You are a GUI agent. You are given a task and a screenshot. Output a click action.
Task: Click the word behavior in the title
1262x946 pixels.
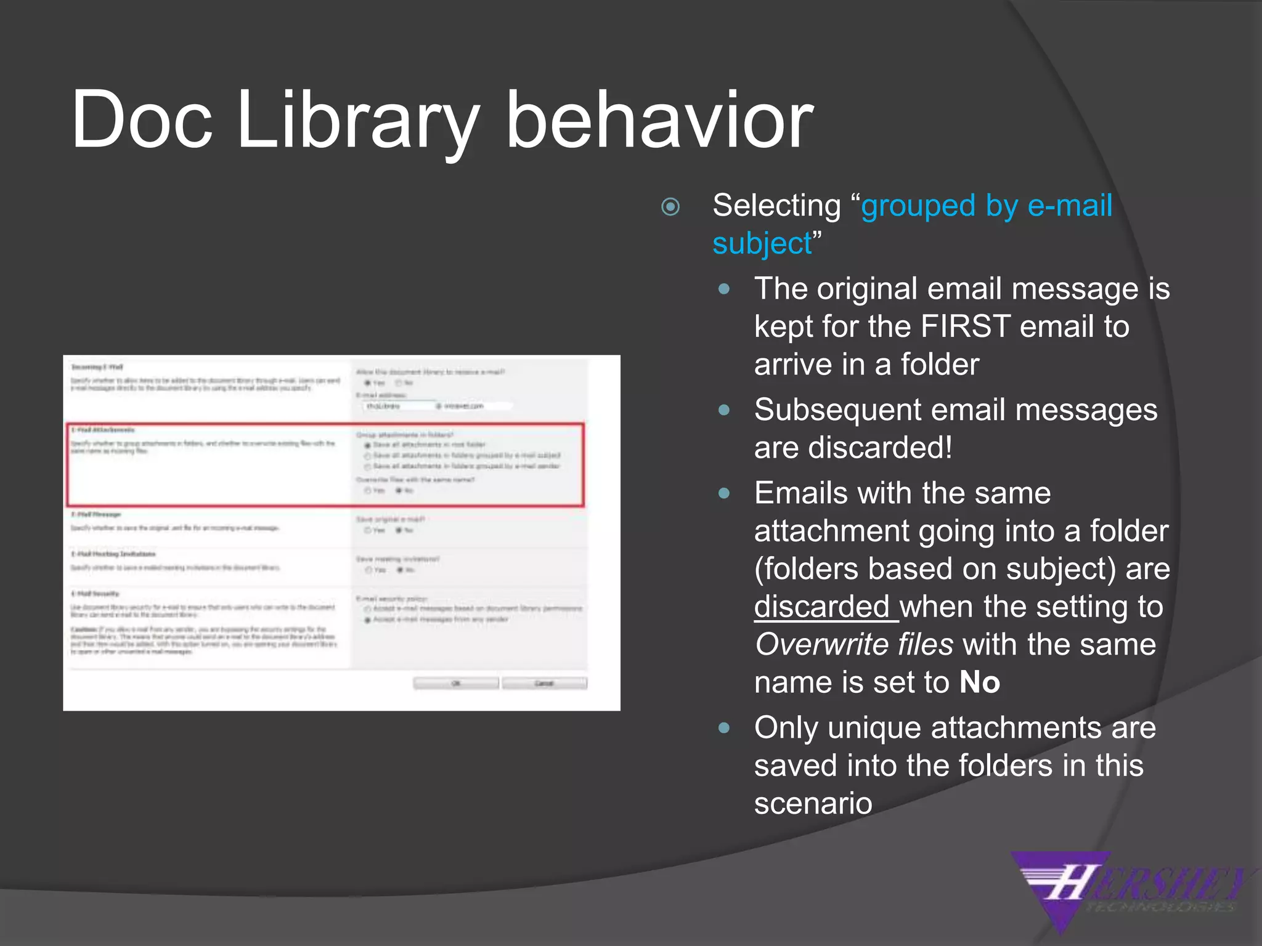659,120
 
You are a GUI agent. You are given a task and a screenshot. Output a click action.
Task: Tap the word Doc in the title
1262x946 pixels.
142,120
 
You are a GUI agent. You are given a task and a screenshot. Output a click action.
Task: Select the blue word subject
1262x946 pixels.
762,244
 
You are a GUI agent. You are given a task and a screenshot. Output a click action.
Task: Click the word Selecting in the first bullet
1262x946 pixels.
776,206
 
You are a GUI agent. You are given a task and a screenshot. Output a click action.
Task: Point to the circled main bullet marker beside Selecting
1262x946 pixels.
670,206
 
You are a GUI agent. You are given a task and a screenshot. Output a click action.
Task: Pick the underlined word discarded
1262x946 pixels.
821,607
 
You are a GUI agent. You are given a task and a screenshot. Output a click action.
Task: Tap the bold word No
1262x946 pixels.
979,683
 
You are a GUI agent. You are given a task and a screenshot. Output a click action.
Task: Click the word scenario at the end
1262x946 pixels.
813,804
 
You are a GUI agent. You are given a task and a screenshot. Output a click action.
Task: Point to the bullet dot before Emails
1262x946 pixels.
724,493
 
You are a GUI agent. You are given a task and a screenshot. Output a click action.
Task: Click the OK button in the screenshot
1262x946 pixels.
456,684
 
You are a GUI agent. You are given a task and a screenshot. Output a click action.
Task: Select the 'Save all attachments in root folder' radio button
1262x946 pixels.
368,445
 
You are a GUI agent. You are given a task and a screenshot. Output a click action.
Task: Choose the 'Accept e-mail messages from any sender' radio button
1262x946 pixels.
368,620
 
